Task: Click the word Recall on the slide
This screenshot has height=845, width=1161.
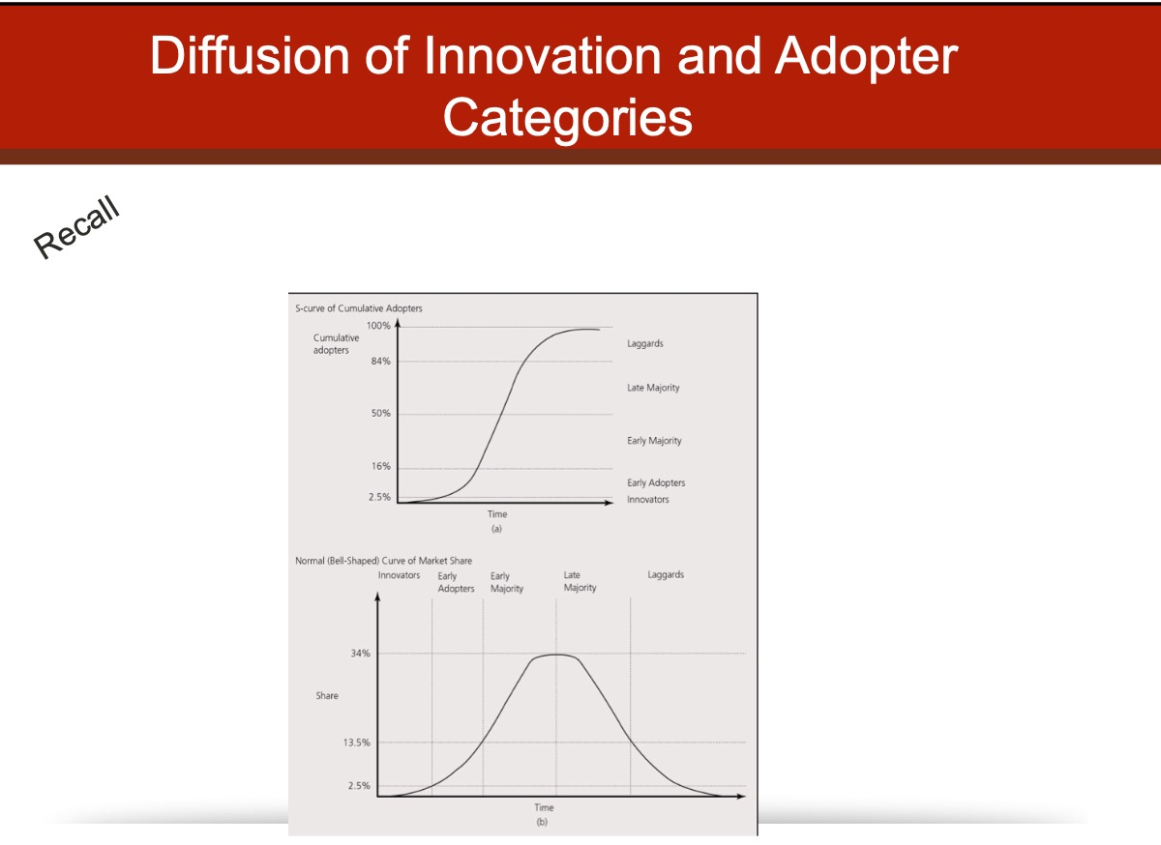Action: coord(76,227)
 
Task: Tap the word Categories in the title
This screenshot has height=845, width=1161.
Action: coord(568,118)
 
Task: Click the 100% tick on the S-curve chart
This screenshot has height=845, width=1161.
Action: coord(378,326)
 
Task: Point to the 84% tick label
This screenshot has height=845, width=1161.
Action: coord(380,361)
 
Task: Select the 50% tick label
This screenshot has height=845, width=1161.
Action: coord(380,413)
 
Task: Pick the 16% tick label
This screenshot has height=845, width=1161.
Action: coord(380,466)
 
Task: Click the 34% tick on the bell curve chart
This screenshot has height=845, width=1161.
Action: coord(360,654)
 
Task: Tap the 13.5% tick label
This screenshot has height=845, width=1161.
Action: coord(357,743)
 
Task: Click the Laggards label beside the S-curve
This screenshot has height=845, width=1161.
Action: coord(644,343)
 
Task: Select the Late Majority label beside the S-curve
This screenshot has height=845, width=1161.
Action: coord(653,388)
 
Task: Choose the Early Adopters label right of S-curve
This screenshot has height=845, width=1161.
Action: coord(656,482)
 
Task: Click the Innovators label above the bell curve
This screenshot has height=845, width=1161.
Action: coord(399,575)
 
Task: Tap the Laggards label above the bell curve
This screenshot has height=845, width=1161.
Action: coord(666,574)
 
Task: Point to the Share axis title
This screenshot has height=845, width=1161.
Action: coord(327,696)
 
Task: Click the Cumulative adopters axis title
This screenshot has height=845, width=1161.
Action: coord(336,344)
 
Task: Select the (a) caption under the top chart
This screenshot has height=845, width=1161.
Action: coord(496,529)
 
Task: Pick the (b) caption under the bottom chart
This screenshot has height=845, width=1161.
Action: coord(542,822)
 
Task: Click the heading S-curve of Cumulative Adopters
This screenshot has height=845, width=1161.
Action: coord(359,308)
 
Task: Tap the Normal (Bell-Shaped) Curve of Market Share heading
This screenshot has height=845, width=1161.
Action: coord(383,561)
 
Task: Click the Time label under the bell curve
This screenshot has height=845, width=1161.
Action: coord(544,807)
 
